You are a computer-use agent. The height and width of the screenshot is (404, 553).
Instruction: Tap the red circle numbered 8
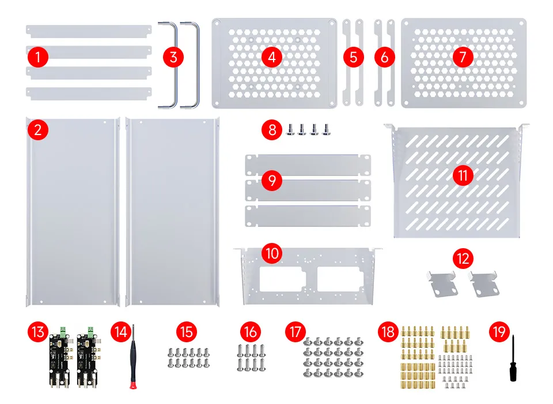[x=272, y=128]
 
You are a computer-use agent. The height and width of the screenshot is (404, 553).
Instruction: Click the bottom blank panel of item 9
[x=308, y=215]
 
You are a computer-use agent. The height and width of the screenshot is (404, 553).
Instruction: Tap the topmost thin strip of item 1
[x=88, y=29]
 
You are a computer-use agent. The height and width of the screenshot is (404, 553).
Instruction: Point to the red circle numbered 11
[x=463, y=175]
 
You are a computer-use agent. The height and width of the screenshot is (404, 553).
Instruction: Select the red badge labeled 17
[x=296, y=332]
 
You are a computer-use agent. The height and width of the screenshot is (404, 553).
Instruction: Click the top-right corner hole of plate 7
[x=520, y=24]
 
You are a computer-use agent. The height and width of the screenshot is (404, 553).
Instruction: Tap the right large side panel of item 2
[x=172, y=211]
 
